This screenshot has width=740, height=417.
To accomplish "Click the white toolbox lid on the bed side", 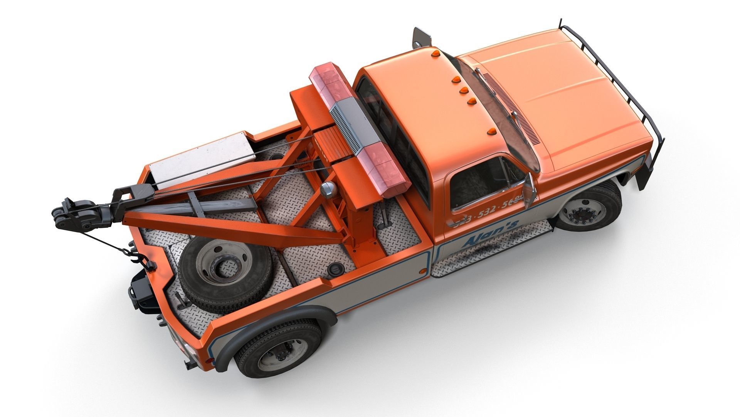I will coord(201,159).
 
